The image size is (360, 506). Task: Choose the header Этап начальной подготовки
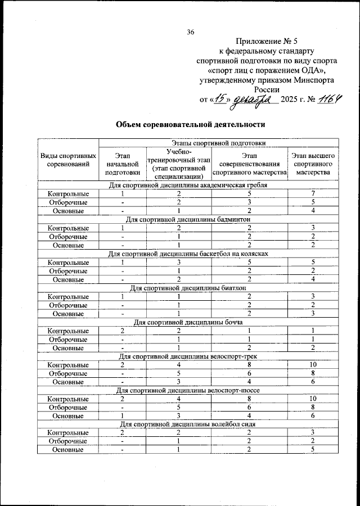click(x=122, y=164)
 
